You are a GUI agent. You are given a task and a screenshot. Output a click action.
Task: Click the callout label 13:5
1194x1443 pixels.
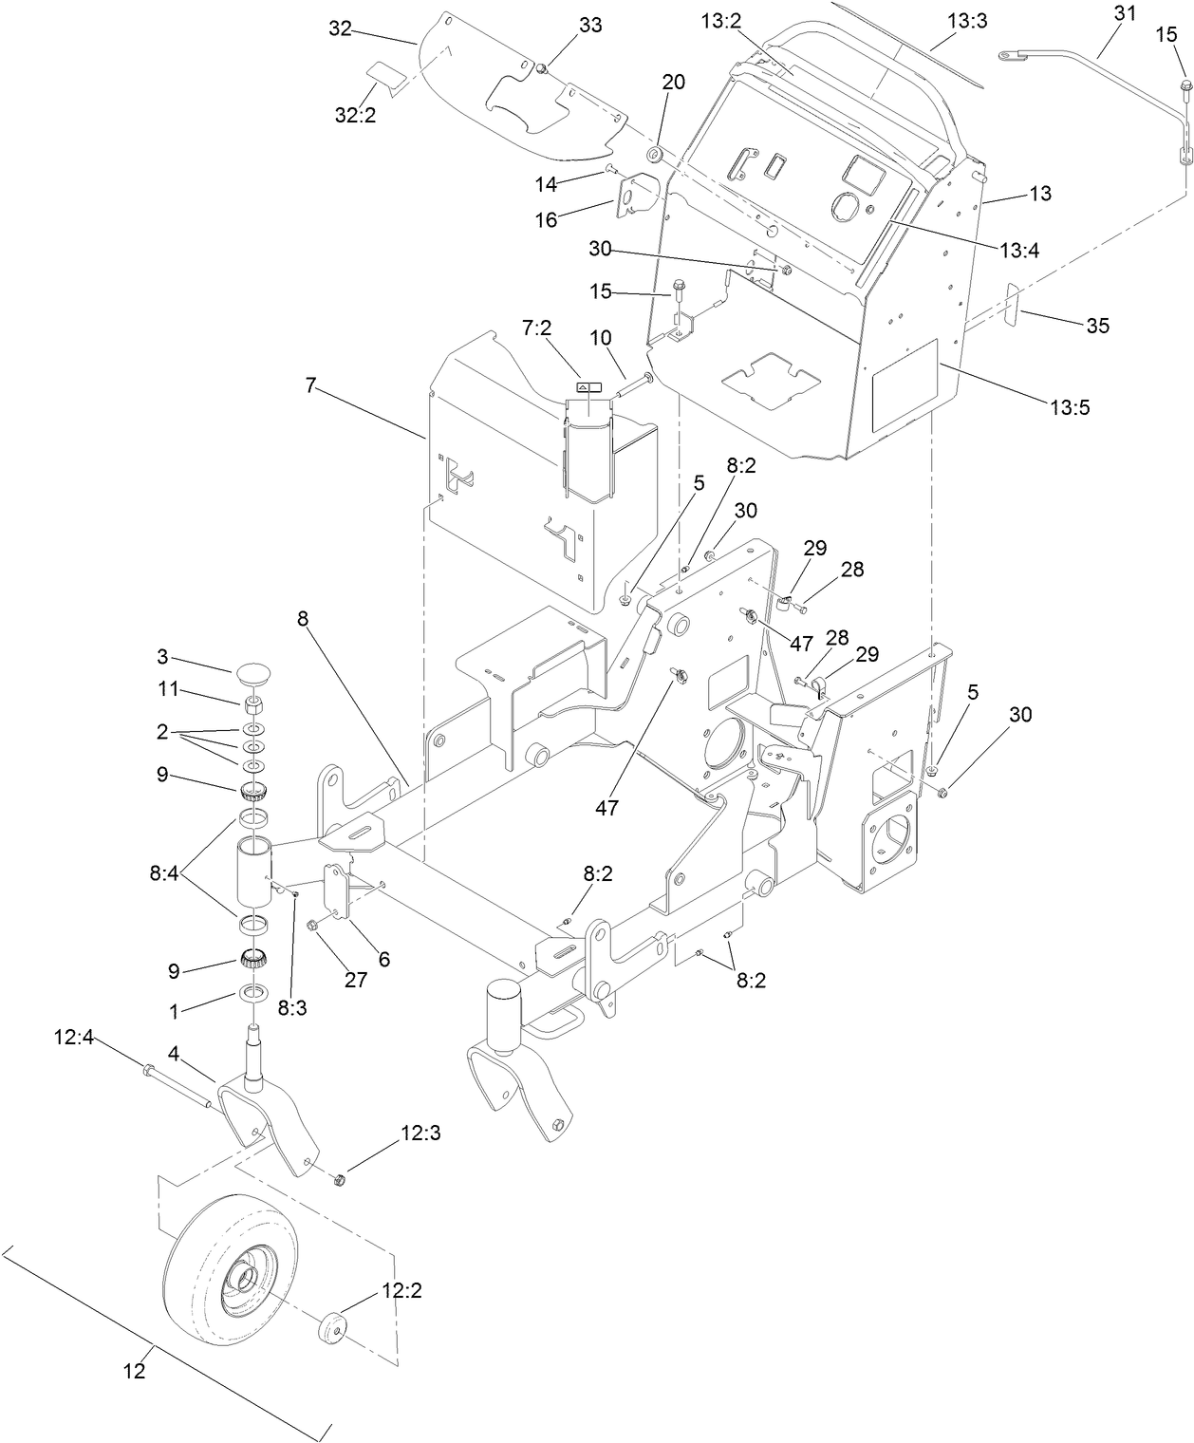point(1070,407)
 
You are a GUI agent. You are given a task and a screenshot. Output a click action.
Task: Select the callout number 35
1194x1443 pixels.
point(1097,326)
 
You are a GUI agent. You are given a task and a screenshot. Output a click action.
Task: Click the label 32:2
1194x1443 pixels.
point(354,115)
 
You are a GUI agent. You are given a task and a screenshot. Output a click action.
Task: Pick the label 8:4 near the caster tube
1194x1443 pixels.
point(164,871)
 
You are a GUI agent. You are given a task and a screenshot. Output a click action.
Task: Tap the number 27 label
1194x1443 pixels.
point(355,980)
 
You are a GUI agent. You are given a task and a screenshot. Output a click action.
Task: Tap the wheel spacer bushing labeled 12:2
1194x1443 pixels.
point(333,1325)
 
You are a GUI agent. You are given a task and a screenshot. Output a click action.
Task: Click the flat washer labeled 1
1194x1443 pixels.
point(252,993)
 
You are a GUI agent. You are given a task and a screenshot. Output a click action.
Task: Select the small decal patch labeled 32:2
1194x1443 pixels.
point(386,72)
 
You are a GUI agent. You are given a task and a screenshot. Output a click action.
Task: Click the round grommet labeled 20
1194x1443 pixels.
point(655,127)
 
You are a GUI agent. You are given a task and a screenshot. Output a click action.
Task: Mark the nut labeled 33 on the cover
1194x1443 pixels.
point(540,67)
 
